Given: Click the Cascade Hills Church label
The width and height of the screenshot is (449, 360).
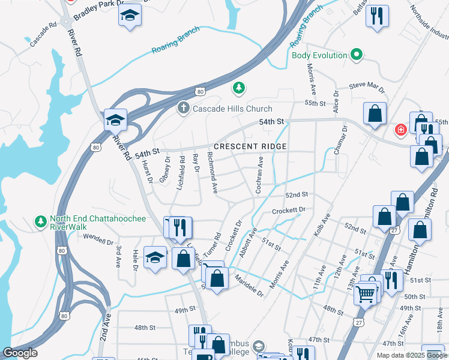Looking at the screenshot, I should pos(232,109).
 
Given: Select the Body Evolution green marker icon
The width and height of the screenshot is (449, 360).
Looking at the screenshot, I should pos(357,55).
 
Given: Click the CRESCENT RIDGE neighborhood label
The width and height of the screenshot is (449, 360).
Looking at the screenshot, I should pos(250,146).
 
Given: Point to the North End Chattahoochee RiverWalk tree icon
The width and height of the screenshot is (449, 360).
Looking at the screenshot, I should pos(41,222).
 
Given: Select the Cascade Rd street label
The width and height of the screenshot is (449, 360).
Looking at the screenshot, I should pos(43,35).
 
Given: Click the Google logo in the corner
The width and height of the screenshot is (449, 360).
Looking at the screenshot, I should pos(20,353).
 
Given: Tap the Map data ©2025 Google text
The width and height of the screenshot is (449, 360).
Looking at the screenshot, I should pos(411,355).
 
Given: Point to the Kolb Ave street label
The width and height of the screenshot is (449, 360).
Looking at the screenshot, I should pos(322,224).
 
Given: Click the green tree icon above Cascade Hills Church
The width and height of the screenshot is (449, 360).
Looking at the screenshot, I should pos(239,89).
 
